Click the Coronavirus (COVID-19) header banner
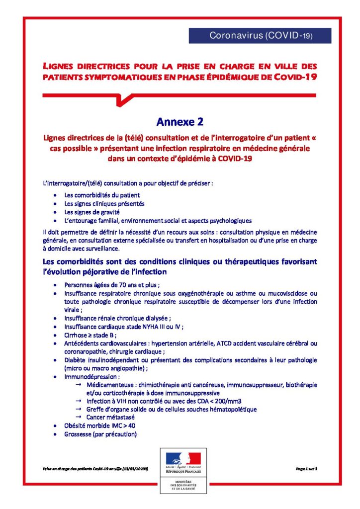click(x=260, y=36)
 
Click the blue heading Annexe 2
click(x=180, y=122)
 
